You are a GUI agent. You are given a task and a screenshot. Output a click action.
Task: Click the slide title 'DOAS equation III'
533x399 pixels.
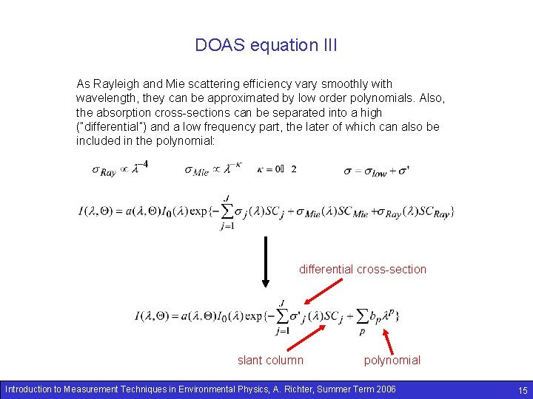coord(266,45)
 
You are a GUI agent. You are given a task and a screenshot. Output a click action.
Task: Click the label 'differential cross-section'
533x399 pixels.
coord(363,269)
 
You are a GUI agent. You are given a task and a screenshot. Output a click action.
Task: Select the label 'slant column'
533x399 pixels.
coord(270,360)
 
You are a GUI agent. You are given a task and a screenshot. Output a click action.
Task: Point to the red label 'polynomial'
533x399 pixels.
coord(392,360)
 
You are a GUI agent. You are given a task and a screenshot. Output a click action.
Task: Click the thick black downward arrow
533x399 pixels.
coord(265,262)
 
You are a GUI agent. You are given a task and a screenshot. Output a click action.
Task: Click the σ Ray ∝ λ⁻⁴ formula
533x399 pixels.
coord(119,168)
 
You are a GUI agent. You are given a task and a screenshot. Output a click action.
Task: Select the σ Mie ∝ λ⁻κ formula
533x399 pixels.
coord(212,168)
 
